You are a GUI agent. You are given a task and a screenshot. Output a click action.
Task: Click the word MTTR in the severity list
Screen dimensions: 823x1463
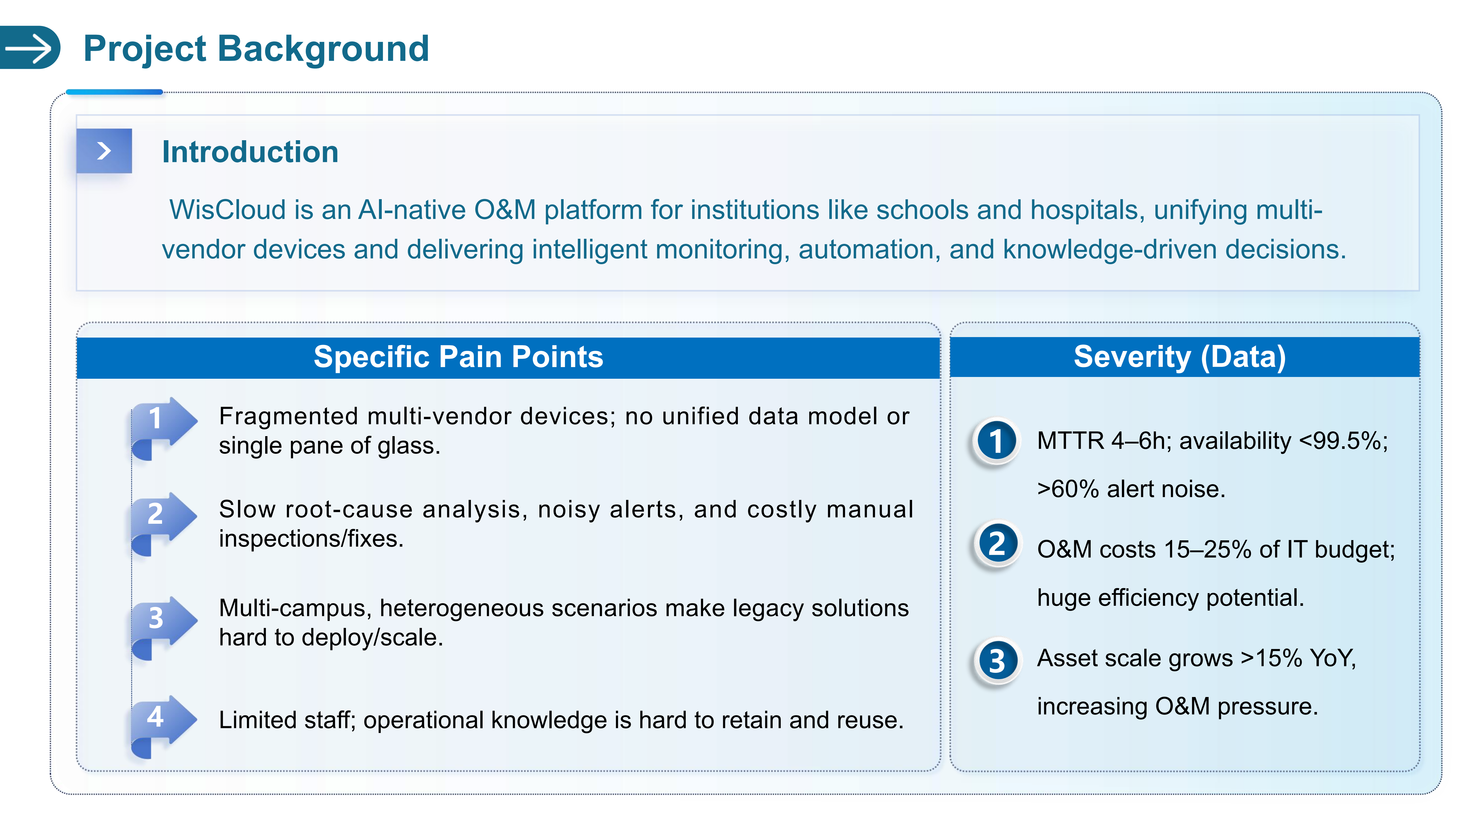1070,441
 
